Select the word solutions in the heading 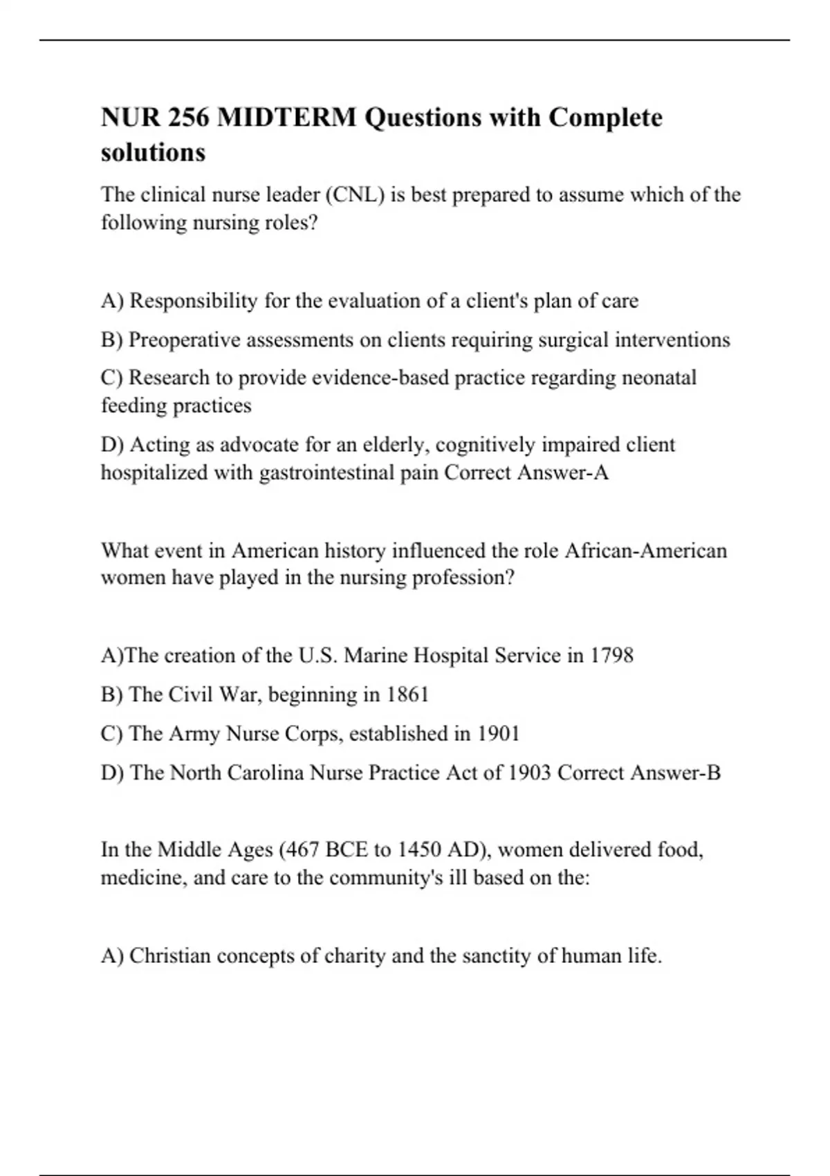point(153,152)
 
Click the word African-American point(646,551)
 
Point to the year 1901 point(498,733)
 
